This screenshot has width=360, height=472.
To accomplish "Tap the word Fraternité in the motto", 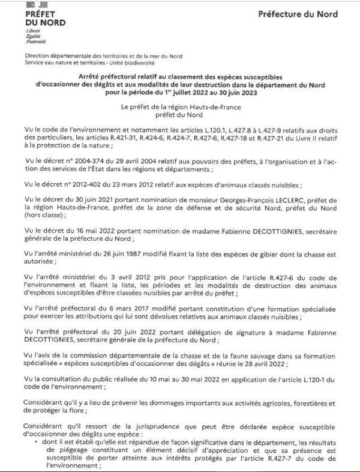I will coord(35,42).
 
